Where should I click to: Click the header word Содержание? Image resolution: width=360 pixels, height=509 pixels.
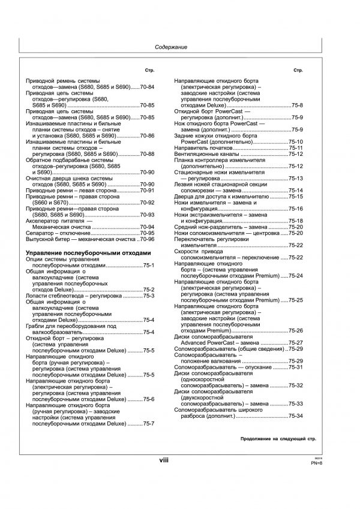click(172, 47)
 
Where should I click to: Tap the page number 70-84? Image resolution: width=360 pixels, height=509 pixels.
click(147, 88)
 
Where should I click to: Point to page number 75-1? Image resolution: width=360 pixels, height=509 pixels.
click(148, 266)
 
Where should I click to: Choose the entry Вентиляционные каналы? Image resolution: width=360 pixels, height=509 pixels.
click(205, 154)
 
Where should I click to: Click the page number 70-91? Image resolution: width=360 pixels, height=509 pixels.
click(147, 190)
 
